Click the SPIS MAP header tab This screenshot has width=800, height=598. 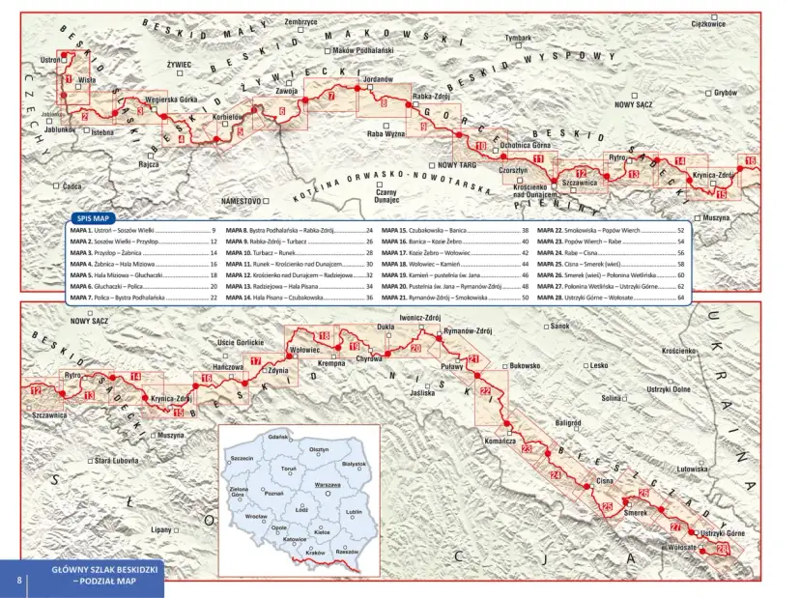[x=93, y=218]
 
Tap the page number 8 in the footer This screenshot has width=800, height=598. [x=19, y=580]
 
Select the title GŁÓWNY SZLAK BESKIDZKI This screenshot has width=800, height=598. [x=106, y=572]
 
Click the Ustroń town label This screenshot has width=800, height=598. [x=51, y=60]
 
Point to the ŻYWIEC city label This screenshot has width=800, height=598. [x=180, y=65]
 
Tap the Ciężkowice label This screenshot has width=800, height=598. [x=708, y=23]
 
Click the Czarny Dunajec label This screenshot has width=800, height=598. [x=386, y=195]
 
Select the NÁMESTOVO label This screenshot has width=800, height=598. [x=241, y=200]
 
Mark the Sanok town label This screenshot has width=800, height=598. [x=560, y=327]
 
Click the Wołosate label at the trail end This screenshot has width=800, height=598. [x=682, y=548]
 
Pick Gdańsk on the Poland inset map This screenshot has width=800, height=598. [x=279, y=438]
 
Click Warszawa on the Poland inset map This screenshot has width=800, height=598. [x=328, y=483]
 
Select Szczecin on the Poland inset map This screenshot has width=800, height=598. [x=242, y=458]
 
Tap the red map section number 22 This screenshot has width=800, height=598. [x=487, y=391]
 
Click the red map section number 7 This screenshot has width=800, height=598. [x=331, y=96]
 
